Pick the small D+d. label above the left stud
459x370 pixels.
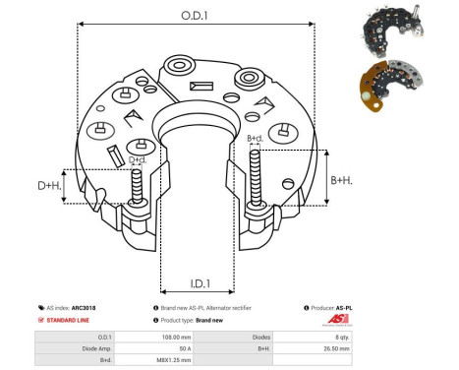coord(138,159)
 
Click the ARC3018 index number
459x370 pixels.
coord(84,308)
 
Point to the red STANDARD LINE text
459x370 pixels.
coord(70,321)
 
